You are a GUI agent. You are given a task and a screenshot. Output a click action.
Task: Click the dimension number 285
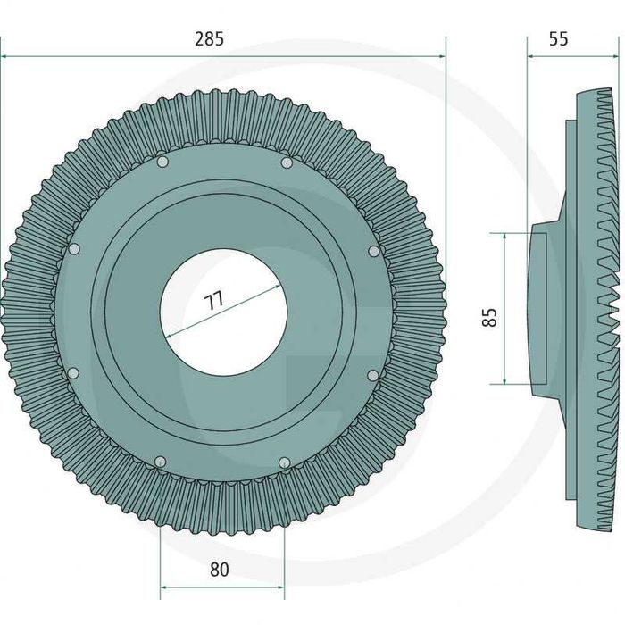(209, 39)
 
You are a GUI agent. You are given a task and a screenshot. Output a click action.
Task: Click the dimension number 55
(558, 39)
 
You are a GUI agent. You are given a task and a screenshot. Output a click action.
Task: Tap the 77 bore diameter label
(214, 301)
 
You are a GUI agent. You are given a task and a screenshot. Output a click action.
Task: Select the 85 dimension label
(490, 317)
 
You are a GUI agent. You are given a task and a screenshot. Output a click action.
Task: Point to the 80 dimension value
(220, 570)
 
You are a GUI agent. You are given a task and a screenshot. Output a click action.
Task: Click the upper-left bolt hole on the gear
(162, 162)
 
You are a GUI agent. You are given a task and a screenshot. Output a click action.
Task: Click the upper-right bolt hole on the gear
(287, 162)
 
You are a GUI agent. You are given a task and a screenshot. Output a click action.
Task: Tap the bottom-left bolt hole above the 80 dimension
(160, 462)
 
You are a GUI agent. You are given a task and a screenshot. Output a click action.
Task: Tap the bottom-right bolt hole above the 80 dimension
(284, 462)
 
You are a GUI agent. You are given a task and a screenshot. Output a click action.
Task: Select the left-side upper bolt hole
(74, 249)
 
